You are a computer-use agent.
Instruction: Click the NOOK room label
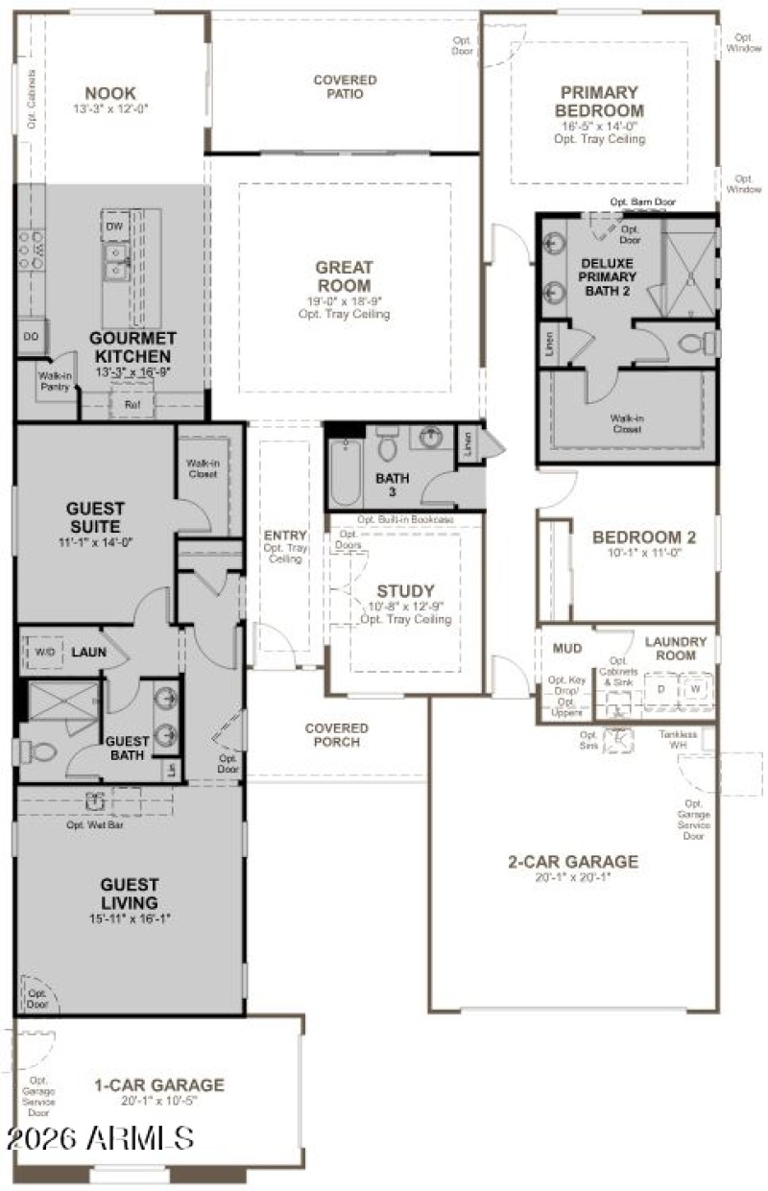[110, 93]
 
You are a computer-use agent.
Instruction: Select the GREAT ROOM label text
[344, 276]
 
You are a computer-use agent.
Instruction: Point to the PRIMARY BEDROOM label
[599, 101]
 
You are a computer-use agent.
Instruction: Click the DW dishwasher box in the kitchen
[114, 226]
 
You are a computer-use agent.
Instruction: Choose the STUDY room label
[405, 591]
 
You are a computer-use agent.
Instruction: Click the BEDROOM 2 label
[643, 537]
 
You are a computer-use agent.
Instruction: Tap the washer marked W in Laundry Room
[694, 689]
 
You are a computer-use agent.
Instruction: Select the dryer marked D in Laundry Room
[660, 689]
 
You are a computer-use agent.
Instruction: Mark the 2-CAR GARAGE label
[572, 862]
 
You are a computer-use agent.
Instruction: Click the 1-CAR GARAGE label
[158, 1085]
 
